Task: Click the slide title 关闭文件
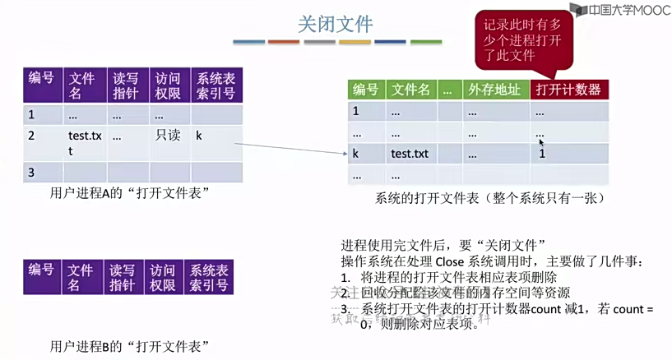coord(335,24)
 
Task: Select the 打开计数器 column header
coord(568,90)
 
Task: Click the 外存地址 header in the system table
coord(494,90)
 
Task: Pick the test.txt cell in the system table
coord(410,154)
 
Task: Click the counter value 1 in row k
coord(542,154)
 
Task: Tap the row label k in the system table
coord(356,154)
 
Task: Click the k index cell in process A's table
coord(199,136)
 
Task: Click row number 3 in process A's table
coord(31,173)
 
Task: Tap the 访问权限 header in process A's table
coord(167,85)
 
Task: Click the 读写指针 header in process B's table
coord(123,277)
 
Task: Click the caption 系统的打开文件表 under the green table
coord(489,198)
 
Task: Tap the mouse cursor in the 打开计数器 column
coord(541,141)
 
